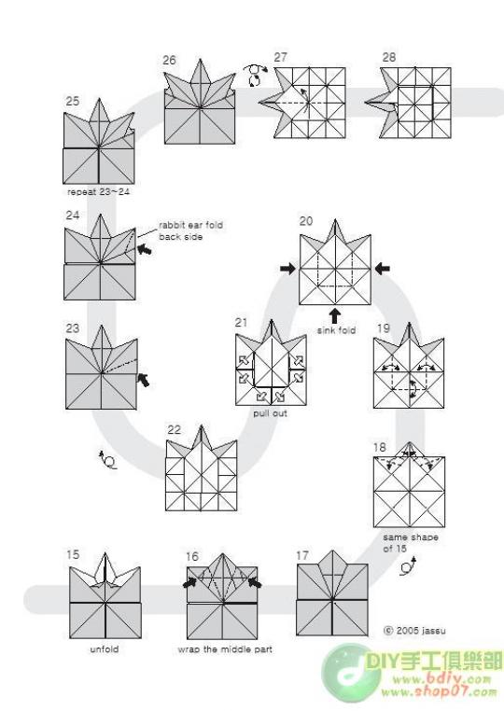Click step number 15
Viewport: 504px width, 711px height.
point(73,554)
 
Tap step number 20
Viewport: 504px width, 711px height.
point(306,221)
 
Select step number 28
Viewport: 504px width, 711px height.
point(388,57)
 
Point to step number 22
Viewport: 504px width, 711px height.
point(174,429)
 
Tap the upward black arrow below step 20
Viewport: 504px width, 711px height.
point(334,315)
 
